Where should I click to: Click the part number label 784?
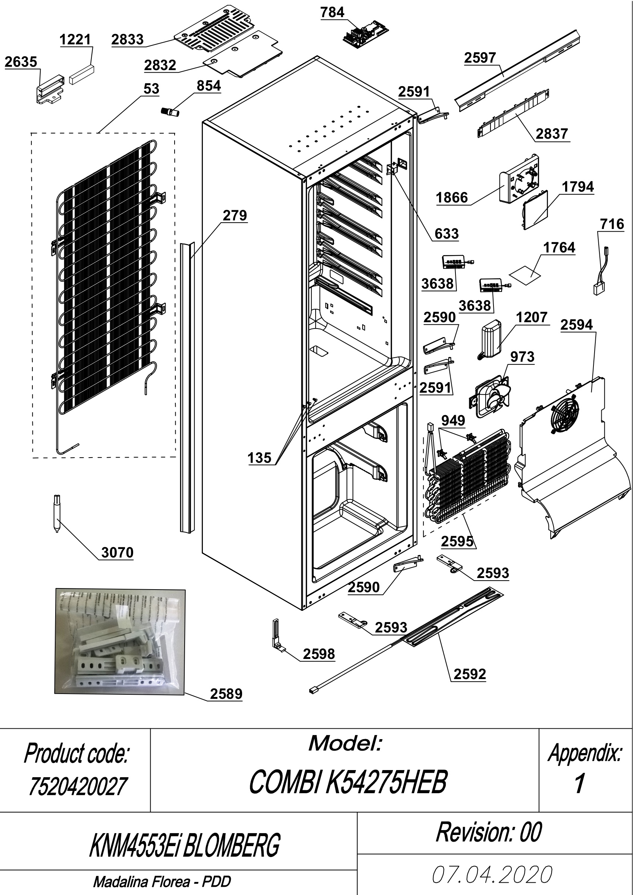coord(332,12)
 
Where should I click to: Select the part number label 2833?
coord(128,40)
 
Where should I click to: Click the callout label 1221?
coord(75,40)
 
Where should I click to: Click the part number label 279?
coord(235,215)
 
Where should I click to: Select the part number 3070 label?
coord(117,552)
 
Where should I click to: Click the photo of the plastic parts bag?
coord(120,641)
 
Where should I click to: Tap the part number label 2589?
coord(226,694)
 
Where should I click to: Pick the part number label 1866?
coord(452,198)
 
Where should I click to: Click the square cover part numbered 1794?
coord(535,210)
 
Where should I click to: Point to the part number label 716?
coord(612,224)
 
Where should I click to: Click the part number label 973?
coord(522,357)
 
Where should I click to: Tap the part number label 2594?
coord(576,325)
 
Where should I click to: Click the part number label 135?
coord(259,458)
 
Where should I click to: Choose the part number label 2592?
coord(470,674)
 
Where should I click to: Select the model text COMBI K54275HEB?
coord(348,782)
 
